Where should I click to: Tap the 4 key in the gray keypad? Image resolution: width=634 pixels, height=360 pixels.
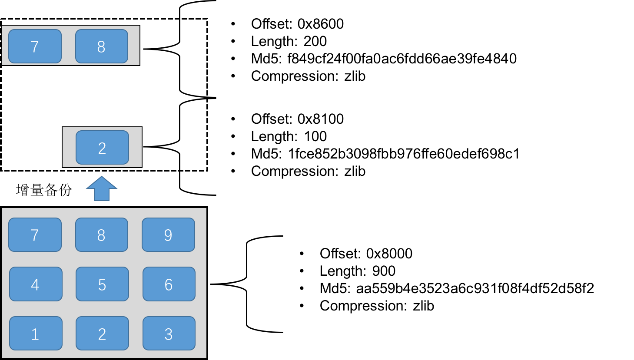point(36,284)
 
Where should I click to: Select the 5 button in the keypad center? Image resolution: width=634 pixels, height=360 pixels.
point(102,284)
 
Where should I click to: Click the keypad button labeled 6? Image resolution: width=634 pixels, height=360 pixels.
point(169,284)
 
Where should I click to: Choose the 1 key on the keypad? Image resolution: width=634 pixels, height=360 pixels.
point(36,333)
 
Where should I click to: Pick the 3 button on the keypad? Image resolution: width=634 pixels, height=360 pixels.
point(169,333)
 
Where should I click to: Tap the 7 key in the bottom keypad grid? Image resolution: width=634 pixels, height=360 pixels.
point(35,234)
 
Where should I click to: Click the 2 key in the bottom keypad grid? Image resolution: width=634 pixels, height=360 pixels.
point(102,333)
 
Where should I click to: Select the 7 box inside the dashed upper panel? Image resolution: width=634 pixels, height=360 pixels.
point(35,46)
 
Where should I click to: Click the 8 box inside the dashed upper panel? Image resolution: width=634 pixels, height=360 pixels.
point(101,46)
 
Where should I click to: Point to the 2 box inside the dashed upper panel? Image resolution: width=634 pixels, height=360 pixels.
point(102,148)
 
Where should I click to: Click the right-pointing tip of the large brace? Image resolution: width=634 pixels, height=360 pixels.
point(206,98)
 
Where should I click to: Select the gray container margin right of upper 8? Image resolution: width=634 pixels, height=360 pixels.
point(134,46)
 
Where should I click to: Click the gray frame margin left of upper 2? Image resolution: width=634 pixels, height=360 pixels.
point(69,147)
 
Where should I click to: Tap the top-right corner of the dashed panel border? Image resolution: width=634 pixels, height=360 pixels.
point(206,20)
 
